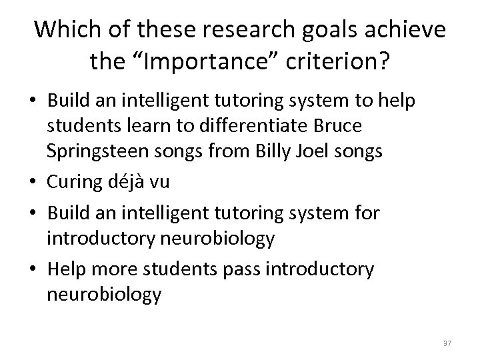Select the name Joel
tap(322, 151)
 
